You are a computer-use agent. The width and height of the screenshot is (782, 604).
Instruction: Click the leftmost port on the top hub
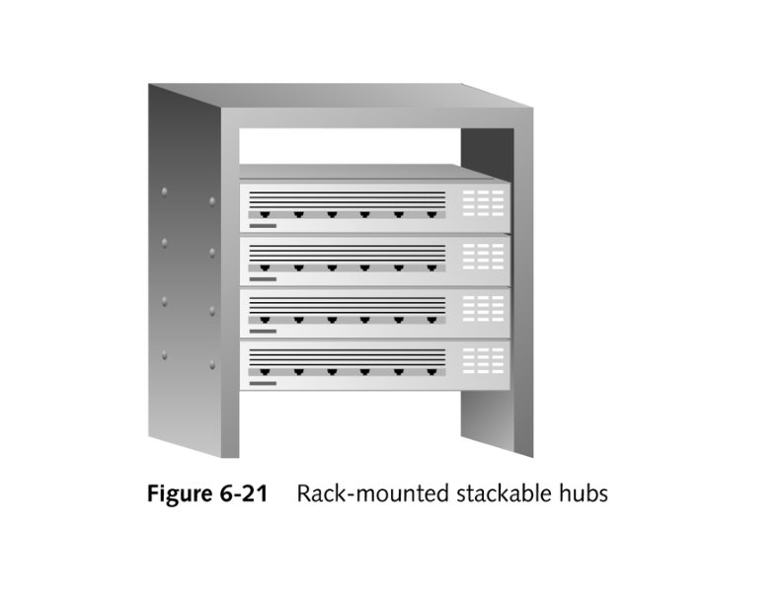[x=265, y=214]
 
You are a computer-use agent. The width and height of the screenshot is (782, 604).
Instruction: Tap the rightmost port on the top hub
[x=431, y=214]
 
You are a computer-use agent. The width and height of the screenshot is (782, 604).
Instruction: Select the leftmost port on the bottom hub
[x=265, y=371]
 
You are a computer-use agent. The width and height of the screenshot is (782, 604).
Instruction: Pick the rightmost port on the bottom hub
[x=431, y=371]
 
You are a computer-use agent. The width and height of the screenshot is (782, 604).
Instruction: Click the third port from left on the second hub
[x=332, y=266]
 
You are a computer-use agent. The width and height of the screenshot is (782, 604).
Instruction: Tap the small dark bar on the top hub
[x=262, y=226]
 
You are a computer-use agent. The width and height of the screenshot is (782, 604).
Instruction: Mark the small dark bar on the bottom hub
[x=262, y=383]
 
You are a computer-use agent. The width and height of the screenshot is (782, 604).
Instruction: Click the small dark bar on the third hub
[x=262, y=331]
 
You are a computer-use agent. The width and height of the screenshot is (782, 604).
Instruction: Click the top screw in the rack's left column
[x=165, y=187]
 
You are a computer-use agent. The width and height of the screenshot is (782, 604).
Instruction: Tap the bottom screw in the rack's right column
[x=213, y=362]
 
